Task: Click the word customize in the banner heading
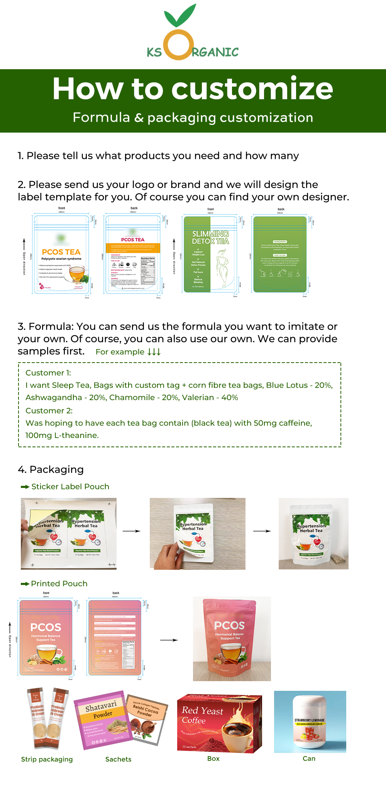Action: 252,89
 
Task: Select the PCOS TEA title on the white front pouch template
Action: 61,252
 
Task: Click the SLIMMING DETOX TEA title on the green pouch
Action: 210,237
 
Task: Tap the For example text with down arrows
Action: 128,352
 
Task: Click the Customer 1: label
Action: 48,373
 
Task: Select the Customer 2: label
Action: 49,411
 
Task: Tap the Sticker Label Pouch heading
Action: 70,487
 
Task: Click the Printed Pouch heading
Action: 59,584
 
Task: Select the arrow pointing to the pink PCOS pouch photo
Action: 169,640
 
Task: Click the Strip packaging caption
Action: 47,759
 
